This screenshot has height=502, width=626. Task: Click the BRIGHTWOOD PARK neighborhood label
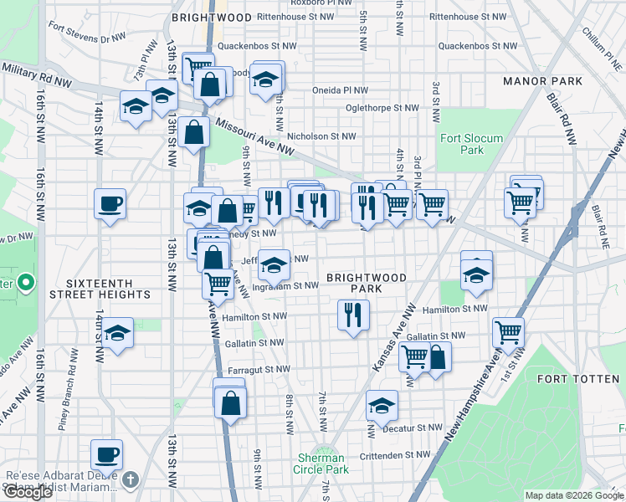click(366, 283)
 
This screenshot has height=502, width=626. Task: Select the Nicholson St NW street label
click(321, 136)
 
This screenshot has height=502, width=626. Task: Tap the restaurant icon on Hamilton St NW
click(353, 315)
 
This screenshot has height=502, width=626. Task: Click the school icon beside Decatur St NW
click(382, 406)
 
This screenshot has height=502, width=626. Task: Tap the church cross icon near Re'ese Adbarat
click(130, 479)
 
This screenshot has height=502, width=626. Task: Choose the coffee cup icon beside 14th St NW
click(110, 203)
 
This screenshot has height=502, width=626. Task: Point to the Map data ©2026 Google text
click(573, 495)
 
